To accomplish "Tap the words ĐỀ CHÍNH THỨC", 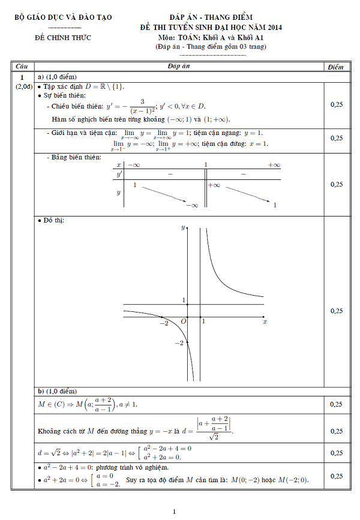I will pyautogui.click(x=63, y=38).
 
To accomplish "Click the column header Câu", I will pyautogui.click(x=22, y=67).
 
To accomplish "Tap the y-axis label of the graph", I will pyautogui.click(x=182, y=228).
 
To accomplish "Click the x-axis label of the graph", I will pyautogui.click(x=265, y=322).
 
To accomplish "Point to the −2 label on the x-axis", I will pyautogui.click(x=164, y=323).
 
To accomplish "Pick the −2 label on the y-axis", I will pyautogui.click(x=179, y=342).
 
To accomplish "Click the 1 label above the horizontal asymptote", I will pyautogui.click(x=184, y=299).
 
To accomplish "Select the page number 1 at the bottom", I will pyautogui.click(x=174, y=511).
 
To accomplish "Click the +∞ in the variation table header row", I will pyautogui.click(x=274, y=164).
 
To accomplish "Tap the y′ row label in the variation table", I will pyautogui.click(x=119, y=173).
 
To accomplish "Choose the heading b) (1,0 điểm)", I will pyautogui.click(x=61, y=390).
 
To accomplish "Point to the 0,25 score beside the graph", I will pyautogui.click(x=337, y=311).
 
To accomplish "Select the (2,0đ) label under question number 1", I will pyautogui.click(x=23, y=88).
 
